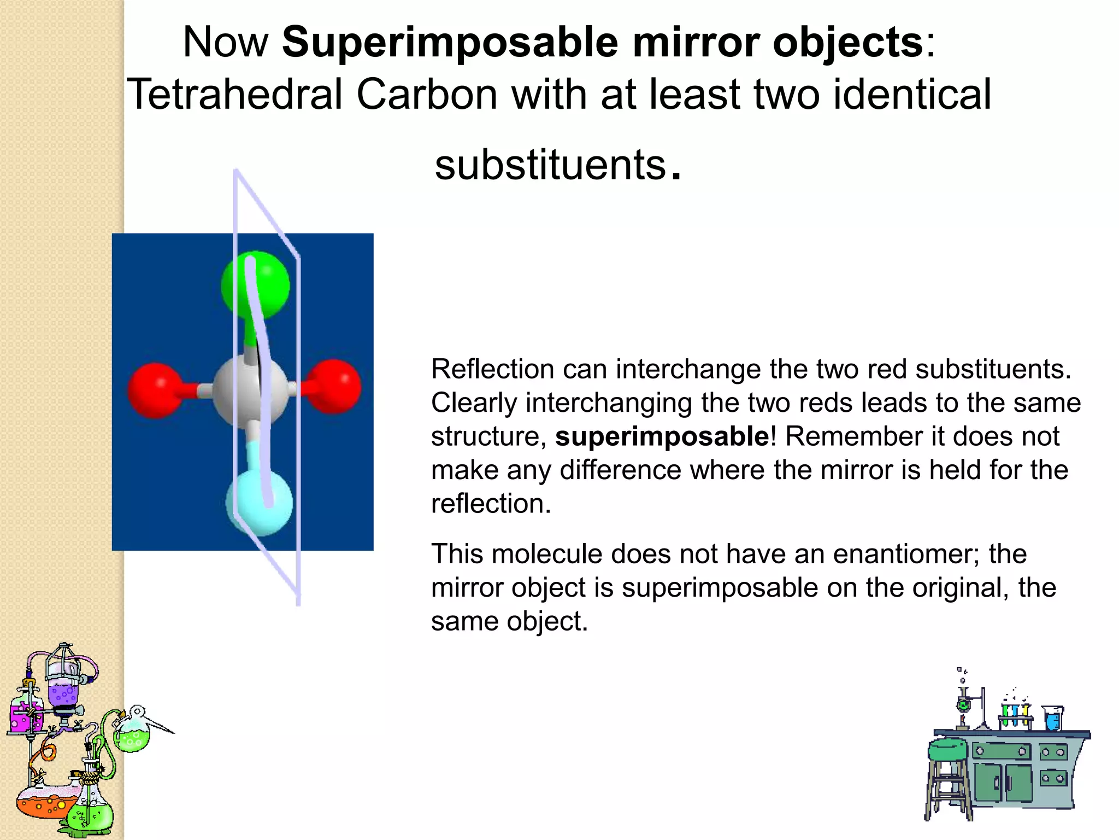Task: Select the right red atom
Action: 333,386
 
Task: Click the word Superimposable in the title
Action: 450,43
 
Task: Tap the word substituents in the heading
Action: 551,165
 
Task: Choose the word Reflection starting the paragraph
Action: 492,369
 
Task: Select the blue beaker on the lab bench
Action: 1052,719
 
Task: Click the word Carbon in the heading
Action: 427,94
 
